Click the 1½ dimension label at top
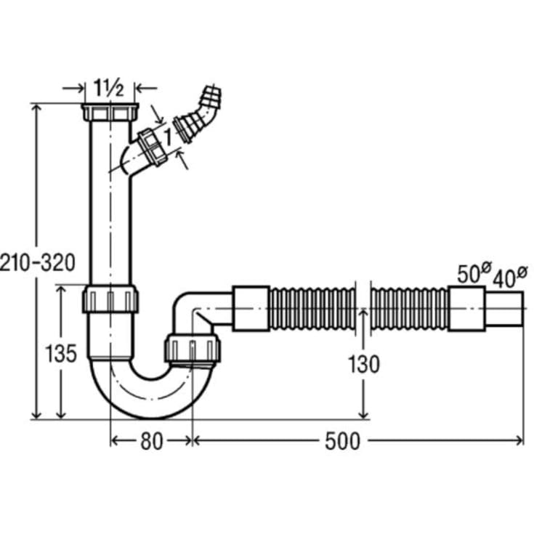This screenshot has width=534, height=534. point(108,88)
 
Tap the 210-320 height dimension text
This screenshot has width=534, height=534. point(38,263)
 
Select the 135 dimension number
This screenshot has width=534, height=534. point(61,354)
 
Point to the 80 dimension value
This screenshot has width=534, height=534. point(152,442)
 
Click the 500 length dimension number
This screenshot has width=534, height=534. point(342,442)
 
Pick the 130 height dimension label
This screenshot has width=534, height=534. point(363,365)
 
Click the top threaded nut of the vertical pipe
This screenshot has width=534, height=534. point(110,112)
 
